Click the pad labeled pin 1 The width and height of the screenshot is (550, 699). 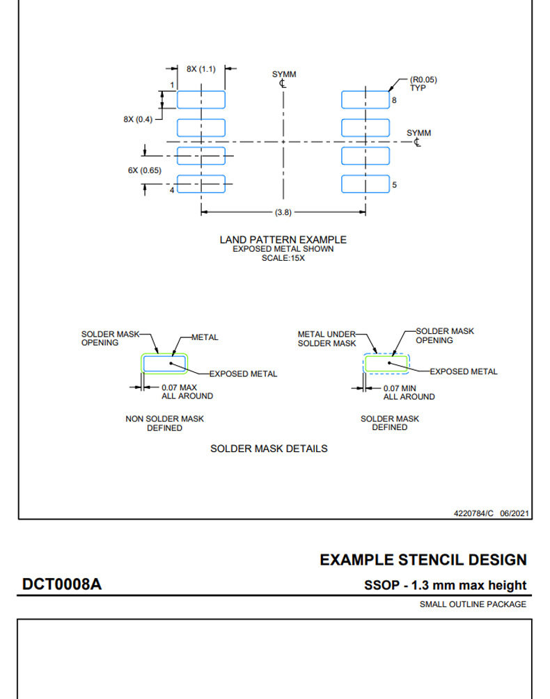201,99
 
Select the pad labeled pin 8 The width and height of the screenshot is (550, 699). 366,99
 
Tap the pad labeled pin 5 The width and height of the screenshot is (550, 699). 366,184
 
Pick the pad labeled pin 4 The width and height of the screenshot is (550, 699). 201,184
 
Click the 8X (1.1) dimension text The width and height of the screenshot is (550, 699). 201,69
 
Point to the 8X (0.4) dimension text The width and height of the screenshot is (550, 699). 138,120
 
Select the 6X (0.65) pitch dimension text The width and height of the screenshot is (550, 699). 145,170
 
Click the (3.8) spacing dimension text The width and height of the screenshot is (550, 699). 283,212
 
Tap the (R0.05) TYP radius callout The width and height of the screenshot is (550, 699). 423,83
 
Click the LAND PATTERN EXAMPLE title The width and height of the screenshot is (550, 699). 283,240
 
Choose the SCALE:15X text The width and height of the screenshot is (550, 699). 283,258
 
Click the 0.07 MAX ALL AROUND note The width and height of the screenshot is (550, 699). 187,392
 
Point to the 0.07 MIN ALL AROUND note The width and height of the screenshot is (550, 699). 409,393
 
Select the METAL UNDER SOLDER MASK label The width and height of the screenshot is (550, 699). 327,339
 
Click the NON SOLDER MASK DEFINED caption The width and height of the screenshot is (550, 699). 164,424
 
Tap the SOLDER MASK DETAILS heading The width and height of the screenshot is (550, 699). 269,449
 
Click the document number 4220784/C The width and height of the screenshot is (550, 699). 473,513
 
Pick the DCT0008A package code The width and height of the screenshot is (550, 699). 62,584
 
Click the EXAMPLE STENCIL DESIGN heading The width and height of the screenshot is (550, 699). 423,560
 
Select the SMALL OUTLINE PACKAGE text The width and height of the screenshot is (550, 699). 473,604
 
